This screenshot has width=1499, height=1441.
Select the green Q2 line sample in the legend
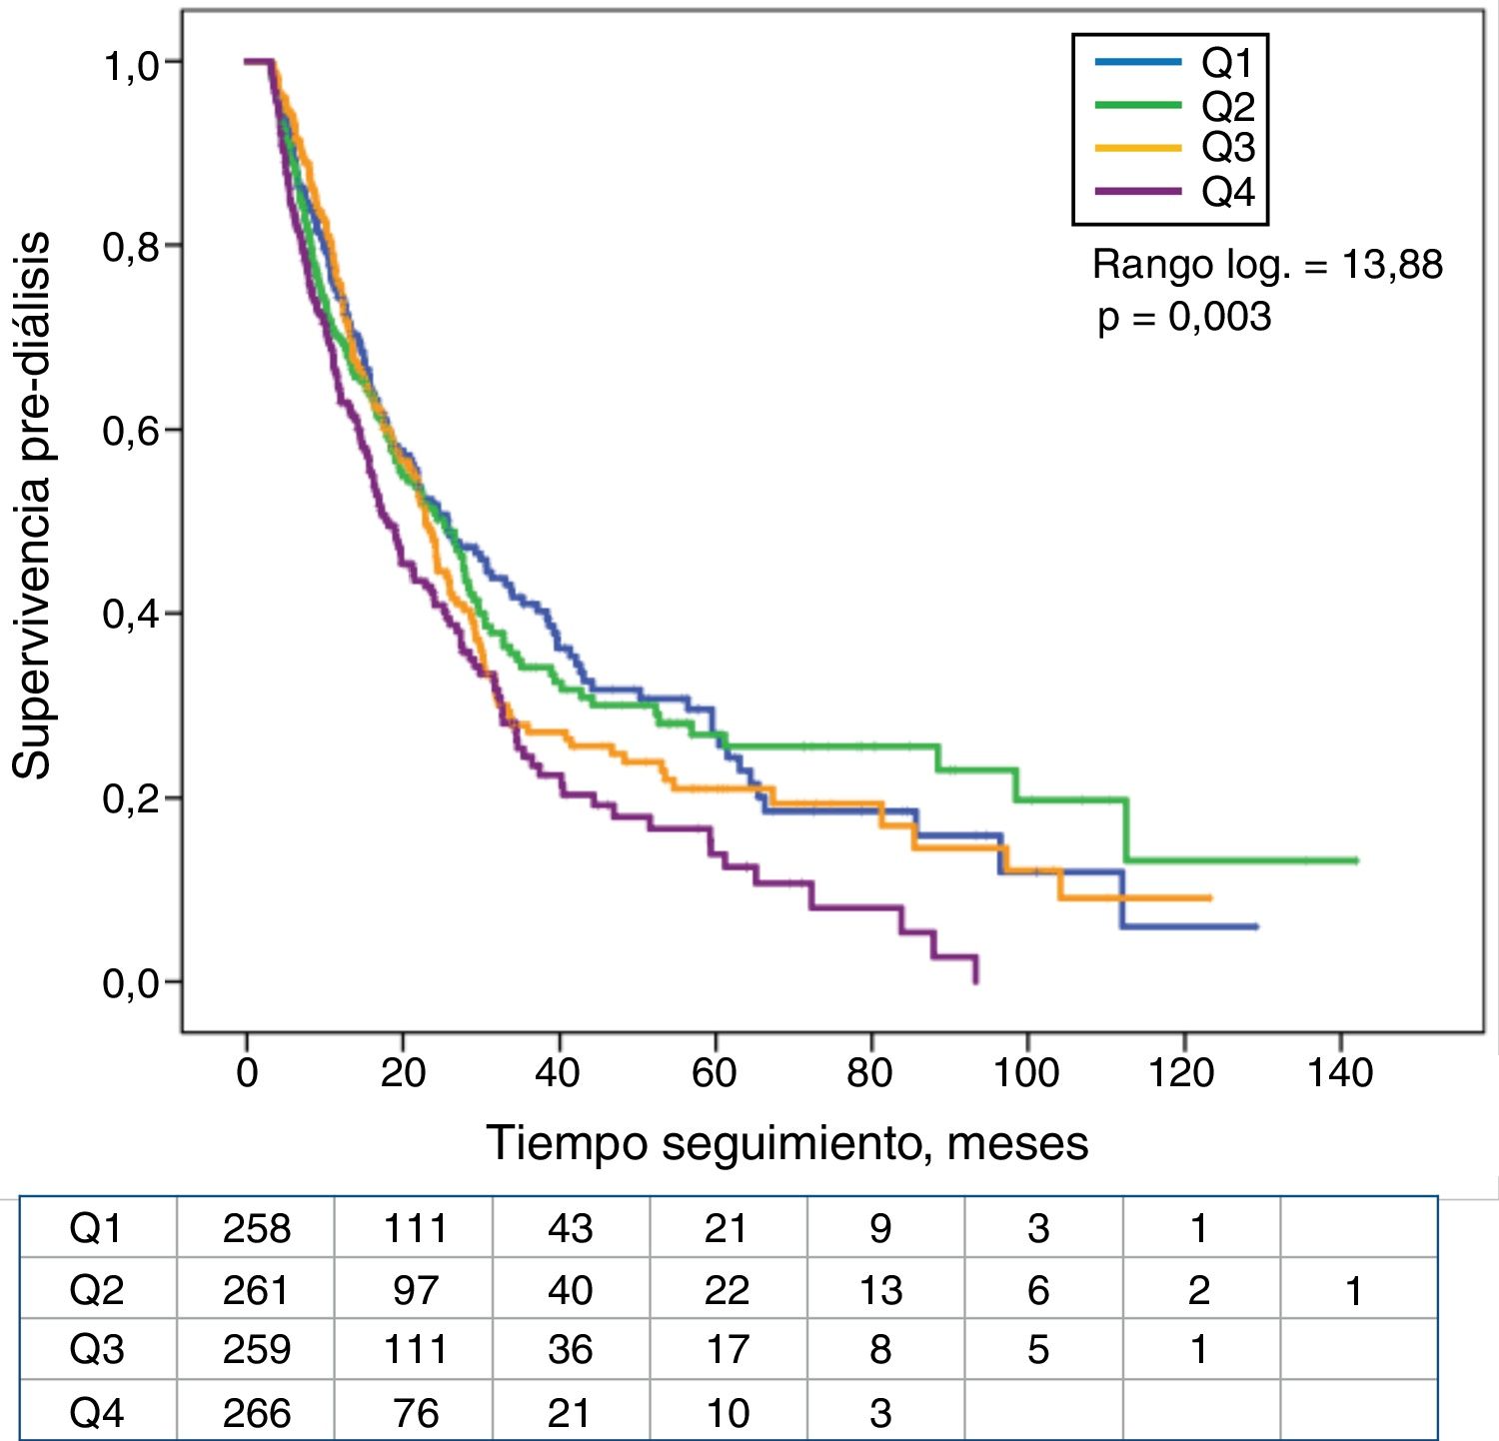pyautogui.click(x=1137, y=105)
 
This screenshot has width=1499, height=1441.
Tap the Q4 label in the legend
pyautogui.click(x=1227, y=191)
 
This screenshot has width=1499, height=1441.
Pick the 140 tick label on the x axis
pyautogui.click(x=1339, y=1073)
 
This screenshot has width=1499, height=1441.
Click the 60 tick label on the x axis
pyautogui.click(x=715, y=1073)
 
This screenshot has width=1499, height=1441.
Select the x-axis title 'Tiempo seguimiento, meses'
pyautogui.click(x=786, y=1143)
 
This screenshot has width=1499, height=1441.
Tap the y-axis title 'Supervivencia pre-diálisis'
pyautogui.click(x=32, y=505)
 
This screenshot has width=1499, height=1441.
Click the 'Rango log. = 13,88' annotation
pyautogui.click(x=1267, y=265)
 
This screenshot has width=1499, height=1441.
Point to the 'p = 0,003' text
pyautogui.click(x=1184, y=317)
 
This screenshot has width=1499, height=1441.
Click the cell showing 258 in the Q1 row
pyautogui.click(x=257, y=1228)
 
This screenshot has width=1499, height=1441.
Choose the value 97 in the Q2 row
pyautogui.click(x=415, y=1290)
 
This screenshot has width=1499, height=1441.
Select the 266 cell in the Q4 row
pyautogui.click(x=257, y=1412)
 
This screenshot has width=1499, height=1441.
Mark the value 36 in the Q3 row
pyautogui.click(x=570, y=1350)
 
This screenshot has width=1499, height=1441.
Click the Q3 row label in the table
pyautogui.click(x=97, y=1350)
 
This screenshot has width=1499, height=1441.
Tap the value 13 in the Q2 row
pyautogui.click(x=880, y=1290)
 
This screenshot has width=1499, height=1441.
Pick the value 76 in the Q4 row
pyautogui.click(x=415, y=1412)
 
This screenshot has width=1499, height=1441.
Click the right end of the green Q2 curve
pyautogui.click(x=1356, y=860)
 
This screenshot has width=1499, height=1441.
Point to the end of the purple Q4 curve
pyautogui.click(x=976, y=982)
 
